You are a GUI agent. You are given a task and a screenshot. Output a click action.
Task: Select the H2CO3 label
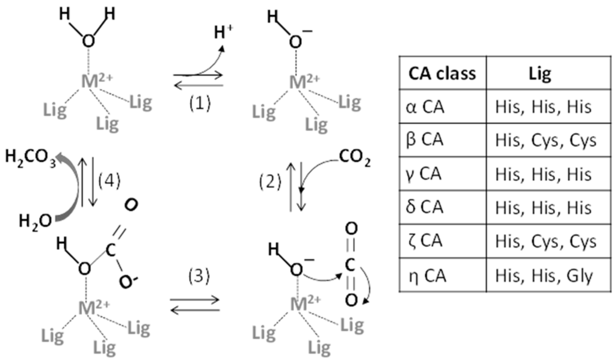[x=29, y=160]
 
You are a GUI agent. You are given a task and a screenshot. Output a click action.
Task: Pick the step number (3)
[x=198, y=276]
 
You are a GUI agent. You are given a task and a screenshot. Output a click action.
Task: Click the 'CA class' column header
[x=442, y=74]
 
